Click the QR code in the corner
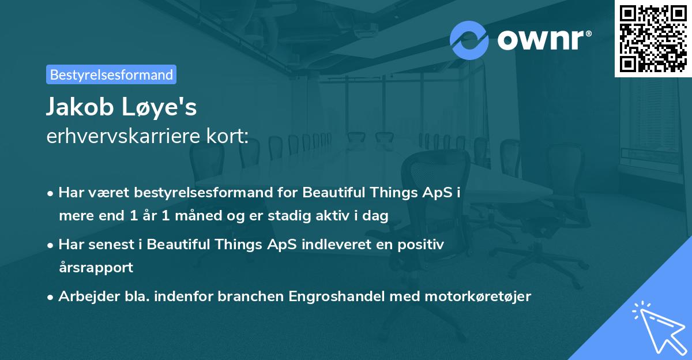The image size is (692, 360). pos(653,38)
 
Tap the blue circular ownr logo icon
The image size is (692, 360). pos(469,40)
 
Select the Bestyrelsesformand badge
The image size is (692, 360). pos(111,74)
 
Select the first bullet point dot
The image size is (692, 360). pos(51,193)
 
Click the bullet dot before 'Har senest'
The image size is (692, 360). pos(51,245)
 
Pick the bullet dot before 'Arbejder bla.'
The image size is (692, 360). pos(51,297)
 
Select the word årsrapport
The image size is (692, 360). pos(96,268)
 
